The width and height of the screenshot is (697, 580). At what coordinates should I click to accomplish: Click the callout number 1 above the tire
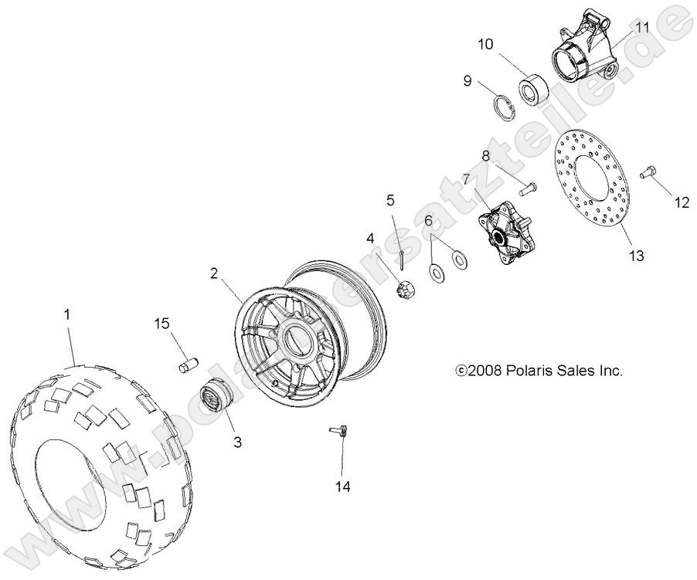pyautogui.click(x=67, y=314)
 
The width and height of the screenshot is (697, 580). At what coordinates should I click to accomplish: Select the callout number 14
pyautogui.click(x=343, y=486)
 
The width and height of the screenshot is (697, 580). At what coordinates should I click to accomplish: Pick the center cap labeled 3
pyautogui.click(x=212, y=398)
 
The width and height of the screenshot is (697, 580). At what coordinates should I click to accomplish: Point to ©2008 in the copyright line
pyautogui.click(x=478, y=371)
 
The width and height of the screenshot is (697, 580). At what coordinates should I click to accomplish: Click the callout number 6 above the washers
pyautogui.click(x=429, y=220)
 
